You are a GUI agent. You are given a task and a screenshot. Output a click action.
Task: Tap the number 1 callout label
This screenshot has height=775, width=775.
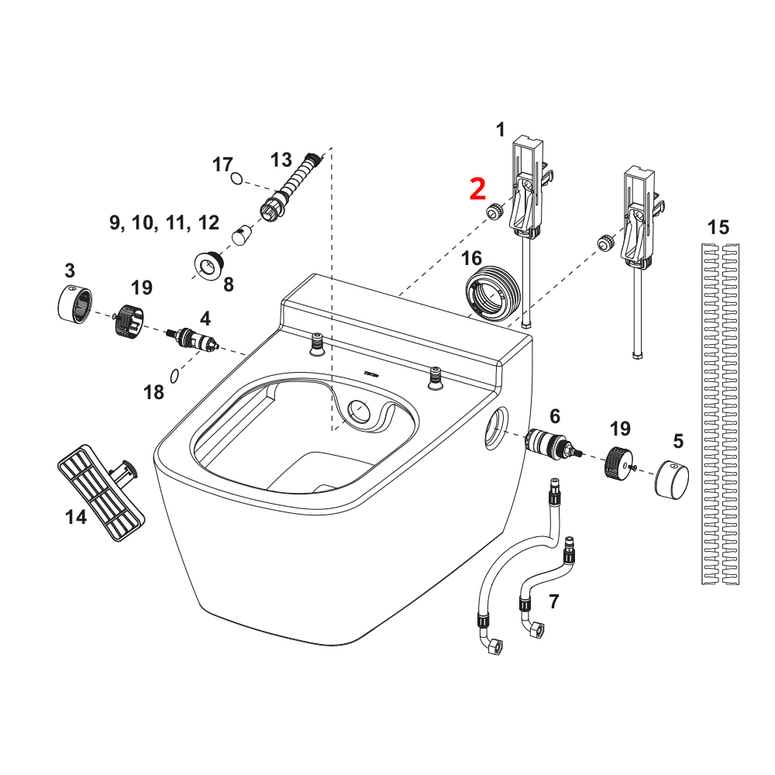click(500, 129)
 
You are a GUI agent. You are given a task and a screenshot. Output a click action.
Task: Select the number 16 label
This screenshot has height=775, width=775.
click(472, 257)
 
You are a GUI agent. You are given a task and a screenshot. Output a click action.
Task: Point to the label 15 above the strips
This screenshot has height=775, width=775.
click(718, 228)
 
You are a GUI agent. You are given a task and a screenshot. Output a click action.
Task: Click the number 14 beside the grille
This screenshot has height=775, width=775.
click(76, 517)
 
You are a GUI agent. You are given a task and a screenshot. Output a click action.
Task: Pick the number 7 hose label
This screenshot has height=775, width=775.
click(553, 601)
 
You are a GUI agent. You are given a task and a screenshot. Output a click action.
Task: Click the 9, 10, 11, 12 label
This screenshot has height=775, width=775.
click(164, 223)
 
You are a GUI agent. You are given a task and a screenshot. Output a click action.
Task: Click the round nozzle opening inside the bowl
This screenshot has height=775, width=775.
click(360, 408)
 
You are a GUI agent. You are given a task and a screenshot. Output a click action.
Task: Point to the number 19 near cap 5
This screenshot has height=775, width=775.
click(620, 429)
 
